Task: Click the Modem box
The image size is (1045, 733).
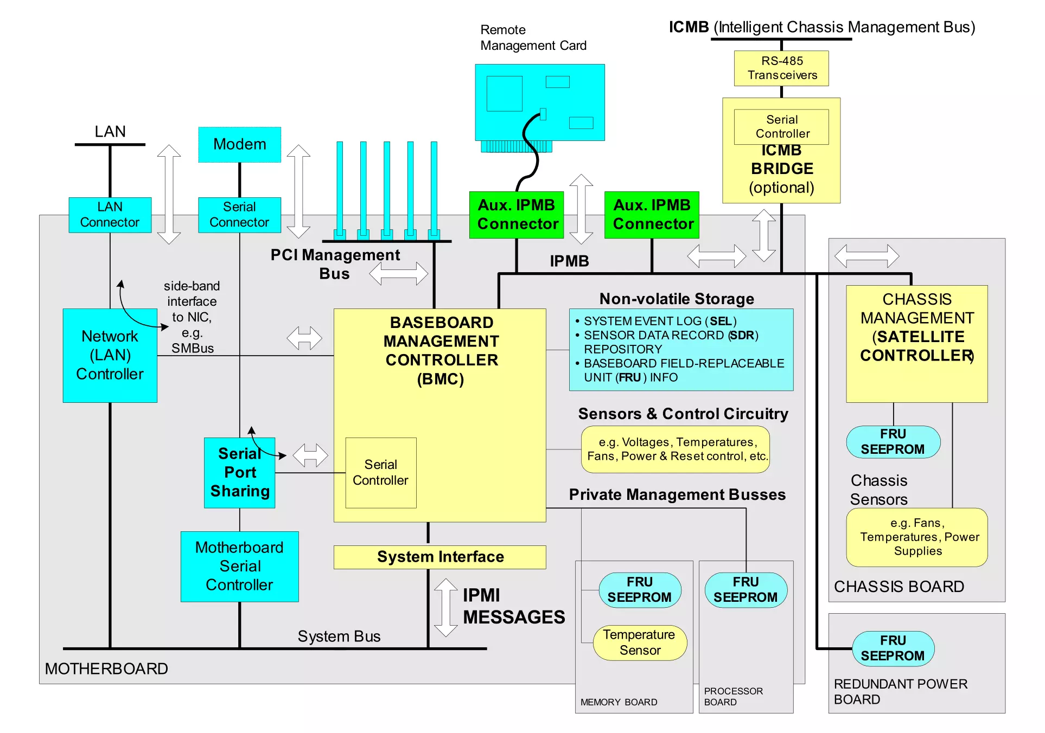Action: (239, 145)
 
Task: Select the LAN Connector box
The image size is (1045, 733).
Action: (110, 215)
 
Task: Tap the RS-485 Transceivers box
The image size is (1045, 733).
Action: (781, 68)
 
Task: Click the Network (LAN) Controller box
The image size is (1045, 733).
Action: (110, 355)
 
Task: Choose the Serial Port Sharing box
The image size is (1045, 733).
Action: (239, 473)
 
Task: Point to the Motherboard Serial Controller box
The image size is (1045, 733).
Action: (239, 566)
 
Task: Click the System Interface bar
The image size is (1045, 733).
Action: (439, 557)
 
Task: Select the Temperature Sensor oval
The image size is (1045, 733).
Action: (640, 642)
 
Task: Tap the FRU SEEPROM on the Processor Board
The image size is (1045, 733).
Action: (745, 590)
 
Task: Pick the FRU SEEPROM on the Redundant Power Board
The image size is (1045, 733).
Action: (893, 648)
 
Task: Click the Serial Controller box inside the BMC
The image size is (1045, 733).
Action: (380, 473)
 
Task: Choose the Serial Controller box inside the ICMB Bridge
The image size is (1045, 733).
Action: (781, 127)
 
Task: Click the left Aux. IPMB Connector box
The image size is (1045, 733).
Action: (517, 215)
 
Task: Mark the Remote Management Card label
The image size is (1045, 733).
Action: (533, 38)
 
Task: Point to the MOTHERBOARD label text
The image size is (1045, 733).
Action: (106, 668)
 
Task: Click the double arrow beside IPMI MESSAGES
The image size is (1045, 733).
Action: (445, 607)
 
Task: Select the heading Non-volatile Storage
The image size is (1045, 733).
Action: (676, 299)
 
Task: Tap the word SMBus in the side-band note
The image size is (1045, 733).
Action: (193, 348)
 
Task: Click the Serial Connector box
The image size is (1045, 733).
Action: (239, 215)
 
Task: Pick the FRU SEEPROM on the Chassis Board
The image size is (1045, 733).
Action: (893, 442)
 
